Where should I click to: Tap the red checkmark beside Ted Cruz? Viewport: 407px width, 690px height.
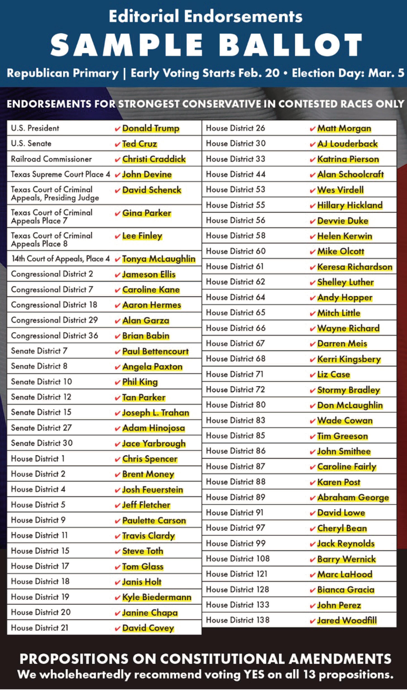click(117, 144)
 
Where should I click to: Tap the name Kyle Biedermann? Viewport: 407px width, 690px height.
click(157, 597)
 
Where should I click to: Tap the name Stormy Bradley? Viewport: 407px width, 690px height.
click(348, 390)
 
